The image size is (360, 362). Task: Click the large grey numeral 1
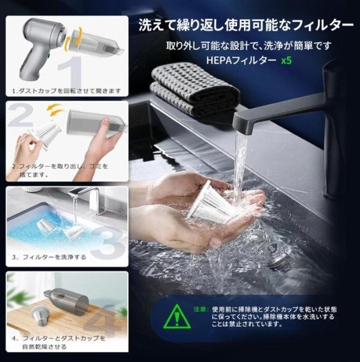(x=73, y=71)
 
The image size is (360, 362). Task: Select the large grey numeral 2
(x=20, y=114)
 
